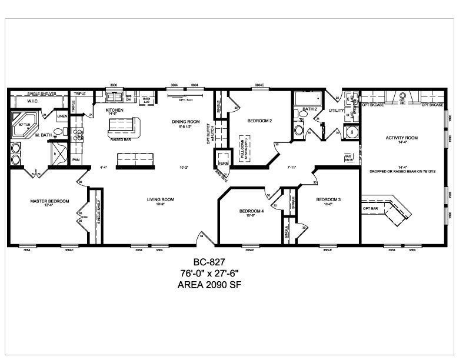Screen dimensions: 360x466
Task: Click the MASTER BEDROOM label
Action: click(49, 201)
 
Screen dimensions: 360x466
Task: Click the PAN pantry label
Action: click(76, 159)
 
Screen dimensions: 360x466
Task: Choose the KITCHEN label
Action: click(114, 110)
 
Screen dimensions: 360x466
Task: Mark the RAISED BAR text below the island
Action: click(120, 140)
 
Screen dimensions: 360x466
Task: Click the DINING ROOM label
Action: click(183, 122)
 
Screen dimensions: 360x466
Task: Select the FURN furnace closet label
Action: click(223, 162)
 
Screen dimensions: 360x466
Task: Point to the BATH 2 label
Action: click(309, 109)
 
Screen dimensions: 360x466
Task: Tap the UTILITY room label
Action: click(337, 110)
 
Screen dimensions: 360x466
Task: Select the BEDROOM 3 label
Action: click(328, 199)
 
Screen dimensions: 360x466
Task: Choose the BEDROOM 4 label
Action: click(251, 211)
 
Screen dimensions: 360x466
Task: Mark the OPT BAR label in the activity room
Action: click(370, 208)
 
